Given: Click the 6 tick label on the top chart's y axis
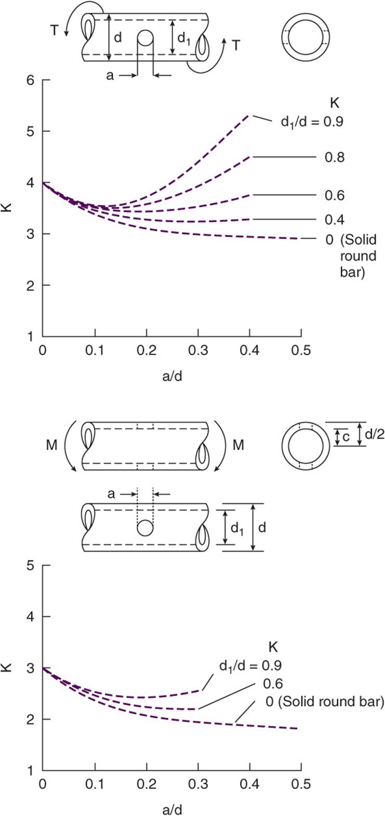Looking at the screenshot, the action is click(x=31, y=80).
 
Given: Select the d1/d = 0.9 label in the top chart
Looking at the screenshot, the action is click(x=312, y=122).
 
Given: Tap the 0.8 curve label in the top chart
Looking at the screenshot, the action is click(x=335, y=157).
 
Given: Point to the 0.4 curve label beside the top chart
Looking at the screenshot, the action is click(x=335, y=220).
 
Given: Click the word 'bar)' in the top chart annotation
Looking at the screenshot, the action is click(x=352, y=272).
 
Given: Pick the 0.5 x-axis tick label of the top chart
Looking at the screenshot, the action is click(x=301, y=351).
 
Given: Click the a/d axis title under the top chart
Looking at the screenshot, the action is click(x=172, y=376).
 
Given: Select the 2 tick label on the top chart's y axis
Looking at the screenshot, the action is click(x=31, y=285).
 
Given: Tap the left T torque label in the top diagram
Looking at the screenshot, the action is click(x=54, y=30).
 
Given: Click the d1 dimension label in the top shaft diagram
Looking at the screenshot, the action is click(x=184, y=38).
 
